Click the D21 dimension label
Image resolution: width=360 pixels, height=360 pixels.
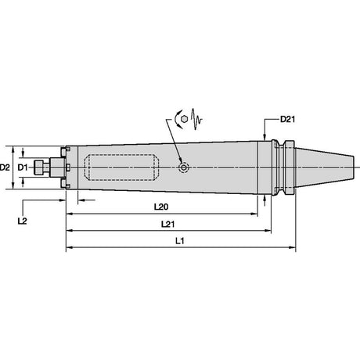287,119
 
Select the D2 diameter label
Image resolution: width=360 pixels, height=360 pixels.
5,167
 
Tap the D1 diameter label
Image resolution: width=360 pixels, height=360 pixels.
23,167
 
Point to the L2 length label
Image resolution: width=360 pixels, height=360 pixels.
23,221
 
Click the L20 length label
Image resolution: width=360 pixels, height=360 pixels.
161,207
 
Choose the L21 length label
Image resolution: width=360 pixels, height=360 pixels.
168,224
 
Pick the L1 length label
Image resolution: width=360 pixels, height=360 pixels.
180,241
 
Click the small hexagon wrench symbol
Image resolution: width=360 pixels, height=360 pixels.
185,119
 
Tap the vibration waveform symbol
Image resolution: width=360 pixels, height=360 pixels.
196,119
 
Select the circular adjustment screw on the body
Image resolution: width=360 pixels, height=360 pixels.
184,167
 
